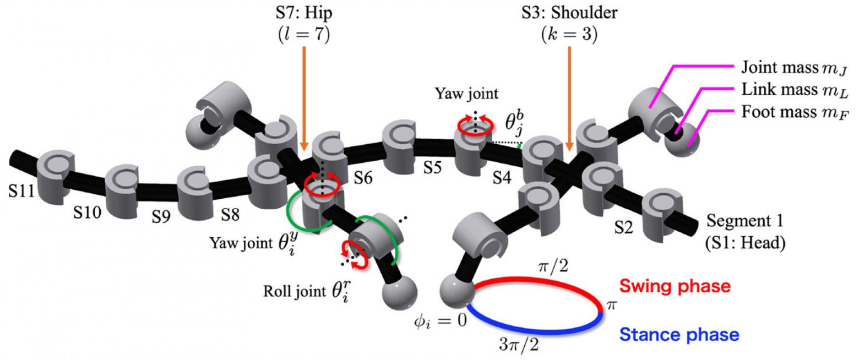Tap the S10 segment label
click(88, 212)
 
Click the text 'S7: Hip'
click(303, 12)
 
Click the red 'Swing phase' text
click(675, 286)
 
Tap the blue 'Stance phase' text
click(679, 334)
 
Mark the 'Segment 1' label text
click(744, 221)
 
